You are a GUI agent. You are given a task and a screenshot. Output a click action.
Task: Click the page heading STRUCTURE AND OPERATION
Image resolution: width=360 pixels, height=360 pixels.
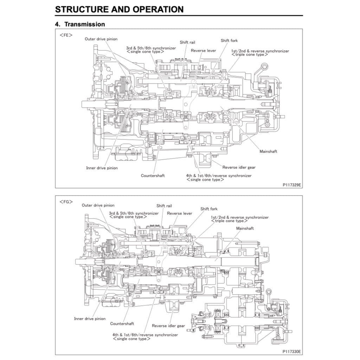click(119, 9)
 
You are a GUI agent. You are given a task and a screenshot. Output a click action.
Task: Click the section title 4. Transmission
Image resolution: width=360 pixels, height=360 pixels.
click(80, 24)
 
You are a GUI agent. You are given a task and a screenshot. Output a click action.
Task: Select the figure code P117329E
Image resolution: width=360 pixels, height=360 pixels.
click(291, 184)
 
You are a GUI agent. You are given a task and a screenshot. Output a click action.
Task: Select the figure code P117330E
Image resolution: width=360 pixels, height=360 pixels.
click(291, 351)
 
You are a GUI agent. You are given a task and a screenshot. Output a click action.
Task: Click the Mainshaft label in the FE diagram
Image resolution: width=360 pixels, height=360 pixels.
click(268, 151)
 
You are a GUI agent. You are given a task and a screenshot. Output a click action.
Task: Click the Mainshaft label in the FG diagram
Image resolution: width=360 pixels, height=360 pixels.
click(245, 228)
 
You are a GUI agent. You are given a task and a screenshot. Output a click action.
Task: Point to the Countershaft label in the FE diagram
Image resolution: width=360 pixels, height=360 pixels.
click(153, 175)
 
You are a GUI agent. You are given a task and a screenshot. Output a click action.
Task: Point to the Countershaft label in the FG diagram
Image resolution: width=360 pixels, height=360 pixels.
click(122, 323)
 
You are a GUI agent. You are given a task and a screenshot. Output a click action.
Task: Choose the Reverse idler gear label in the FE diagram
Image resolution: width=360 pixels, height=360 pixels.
click(239, 167)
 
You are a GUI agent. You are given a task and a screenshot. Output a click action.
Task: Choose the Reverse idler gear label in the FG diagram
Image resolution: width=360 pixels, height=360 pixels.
click(168, 326)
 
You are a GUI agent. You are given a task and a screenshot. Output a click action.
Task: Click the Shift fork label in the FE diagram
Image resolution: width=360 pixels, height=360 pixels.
click(229, 41)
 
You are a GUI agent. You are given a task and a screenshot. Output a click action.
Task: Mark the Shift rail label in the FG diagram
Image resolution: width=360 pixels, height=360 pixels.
click(164, 206)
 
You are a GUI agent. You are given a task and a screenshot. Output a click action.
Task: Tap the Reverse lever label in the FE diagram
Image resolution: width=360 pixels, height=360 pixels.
click(203, 51)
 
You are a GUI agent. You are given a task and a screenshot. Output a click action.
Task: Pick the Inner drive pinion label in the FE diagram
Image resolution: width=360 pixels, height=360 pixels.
click(102, 168)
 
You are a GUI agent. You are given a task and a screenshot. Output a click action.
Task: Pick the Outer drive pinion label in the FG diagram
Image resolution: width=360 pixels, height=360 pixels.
click(98, 205)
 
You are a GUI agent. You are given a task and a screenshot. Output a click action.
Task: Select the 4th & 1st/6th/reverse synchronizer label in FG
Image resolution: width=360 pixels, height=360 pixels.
click(145, 335)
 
